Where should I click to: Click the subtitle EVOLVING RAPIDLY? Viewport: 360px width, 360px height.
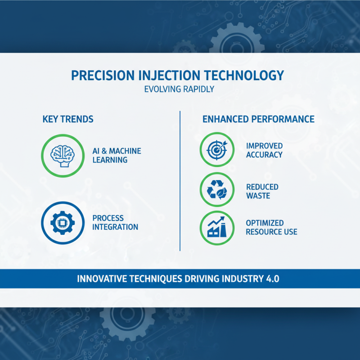[x=179, y=89]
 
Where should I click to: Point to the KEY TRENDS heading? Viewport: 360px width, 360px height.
[x=68, y=119]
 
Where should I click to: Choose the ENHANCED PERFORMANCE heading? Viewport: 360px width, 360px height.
[x=258, y=119]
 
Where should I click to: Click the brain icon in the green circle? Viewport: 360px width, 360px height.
[x=62, y=155]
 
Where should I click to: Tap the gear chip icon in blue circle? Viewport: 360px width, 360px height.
[x=62, y=222]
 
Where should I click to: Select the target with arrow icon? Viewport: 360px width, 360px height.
[x=217, y=150]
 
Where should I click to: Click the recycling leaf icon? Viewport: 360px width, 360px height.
[x=217, y=190]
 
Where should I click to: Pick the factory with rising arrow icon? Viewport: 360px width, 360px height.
[x=217, y=227]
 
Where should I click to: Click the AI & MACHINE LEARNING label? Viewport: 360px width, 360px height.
[x=117, y=155]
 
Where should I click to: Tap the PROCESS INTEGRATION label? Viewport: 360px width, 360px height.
[x=115, y=222]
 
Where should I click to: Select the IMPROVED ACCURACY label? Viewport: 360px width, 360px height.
[x=264, y=150]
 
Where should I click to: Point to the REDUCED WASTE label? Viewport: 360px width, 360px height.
[x=262, y=191]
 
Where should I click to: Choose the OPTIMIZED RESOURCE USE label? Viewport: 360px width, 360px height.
[x=271, y=228]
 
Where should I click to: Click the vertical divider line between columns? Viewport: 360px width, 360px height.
[x=180, y=180]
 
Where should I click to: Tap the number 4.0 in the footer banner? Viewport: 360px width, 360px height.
[x=271, y=279]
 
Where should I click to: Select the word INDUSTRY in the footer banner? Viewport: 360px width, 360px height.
[x=236, y=279]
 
